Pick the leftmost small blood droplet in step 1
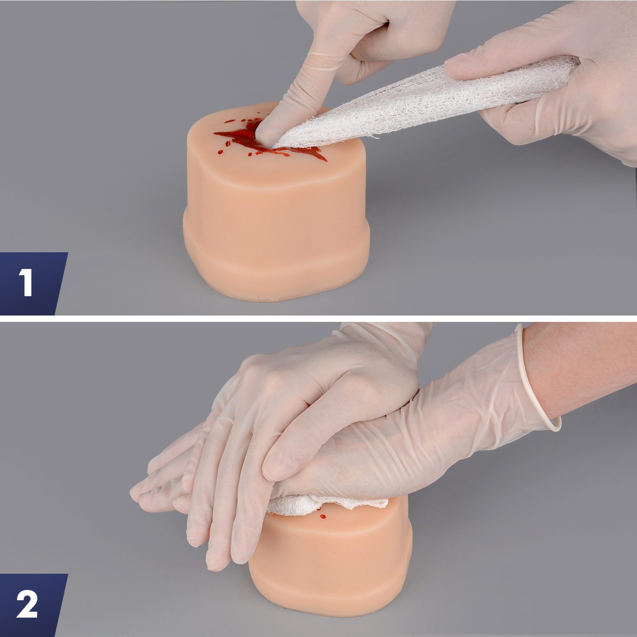220,152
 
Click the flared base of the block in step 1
276,272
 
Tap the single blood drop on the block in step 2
323,517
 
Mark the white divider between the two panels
318,318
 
